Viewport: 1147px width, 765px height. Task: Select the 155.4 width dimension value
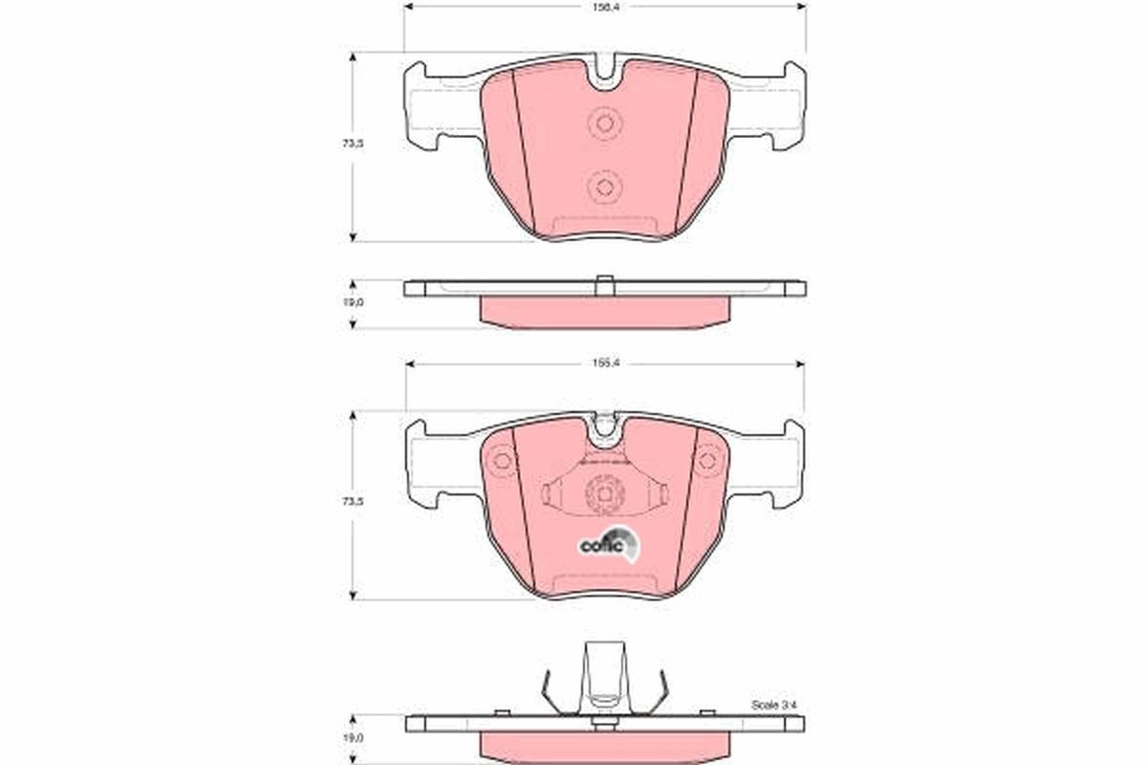pos(603,364)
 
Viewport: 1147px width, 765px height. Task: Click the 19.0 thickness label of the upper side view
pos(354,302)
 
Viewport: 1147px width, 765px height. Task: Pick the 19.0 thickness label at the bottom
pos(354,738)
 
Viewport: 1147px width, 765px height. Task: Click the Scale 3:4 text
pos(774,705)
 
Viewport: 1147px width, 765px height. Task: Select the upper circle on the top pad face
pos(604,123)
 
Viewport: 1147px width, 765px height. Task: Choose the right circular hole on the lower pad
pos(706,460)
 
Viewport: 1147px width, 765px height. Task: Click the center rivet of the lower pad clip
pos(603,493)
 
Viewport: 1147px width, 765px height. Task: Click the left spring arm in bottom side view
pos(547,690)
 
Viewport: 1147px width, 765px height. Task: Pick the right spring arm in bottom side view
pos(660,690)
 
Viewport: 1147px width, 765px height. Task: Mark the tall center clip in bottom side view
pos(603,674)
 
